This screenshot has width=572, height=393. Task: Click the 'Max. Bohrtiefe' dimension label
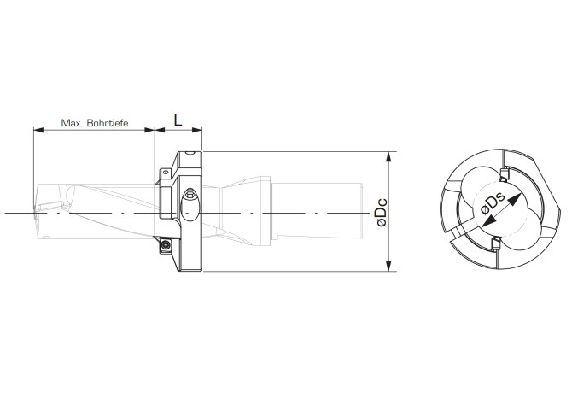point(95,123)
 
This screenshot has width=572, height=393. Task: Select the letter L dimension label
point(178,120)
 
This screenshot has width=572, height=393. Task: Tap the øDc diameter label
point(382,212)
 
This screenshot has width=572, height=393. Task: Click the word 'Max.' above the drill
point(72,123)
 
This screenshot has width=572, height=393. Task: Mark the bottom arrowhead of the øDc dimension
point(388,267)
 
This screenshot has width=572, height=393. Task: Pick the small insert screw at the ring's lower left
point(164,247)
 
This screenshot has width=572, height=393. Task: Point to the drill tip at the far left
point(36,211)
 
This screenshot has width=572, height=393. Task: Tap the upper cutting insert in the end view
point(504,175)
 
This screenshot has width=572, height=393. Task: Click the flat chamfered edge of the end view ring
point(552,208)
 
